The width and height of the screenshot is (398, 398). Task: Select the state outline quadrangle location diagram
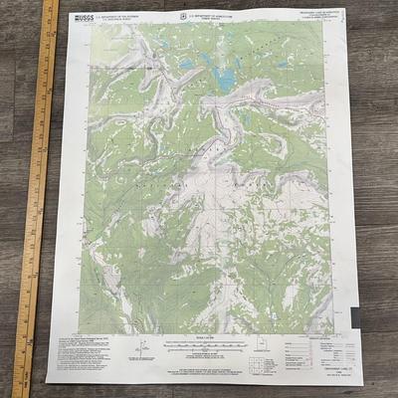tap(262, 353)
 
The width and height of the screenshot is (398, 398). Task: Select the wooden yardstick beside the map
tap(35, 199)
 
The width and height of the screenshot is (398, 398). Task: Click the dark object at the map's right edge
tap(354, 316)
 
